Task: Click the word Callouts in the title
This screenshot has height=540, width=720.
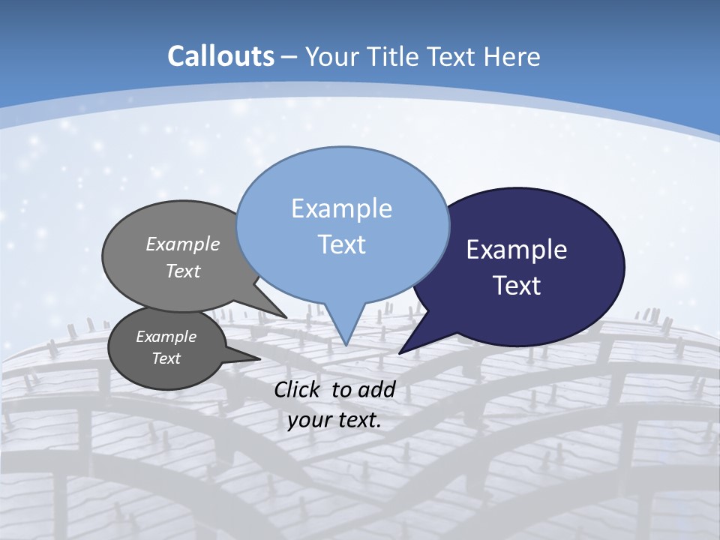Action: pos(220,56)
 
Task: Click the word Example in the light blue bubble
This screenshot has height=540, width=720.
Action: pos(341,208)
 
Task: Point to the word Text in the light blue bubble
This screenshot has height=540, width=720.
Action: pos(341,244)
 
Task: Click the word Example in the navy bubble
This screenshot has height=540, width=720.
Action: pos(517,250)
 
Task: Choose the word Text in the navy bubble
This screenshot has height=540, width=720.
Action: pos(517,286)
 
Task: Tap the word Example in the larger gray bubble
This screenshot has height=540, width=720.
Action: pos(183,244)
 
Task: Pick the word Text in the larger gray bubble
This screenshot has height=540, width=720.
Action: pos(183,271)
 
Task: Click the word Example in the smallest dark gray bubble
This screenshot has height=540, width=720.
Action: pos(166,337)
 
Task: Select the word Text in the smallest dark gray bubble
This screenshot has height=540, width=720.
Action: pos(166,358)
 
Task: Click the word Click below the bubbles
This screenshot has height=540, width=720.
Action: pos(298,389)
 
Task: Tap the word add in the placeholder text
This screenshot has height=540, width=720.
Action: pos(377,389)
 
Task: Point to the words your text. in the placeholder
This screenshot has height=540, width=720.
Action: pos(334,420)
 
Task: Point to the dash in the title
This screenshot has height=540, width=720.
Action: pos(290,56)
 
